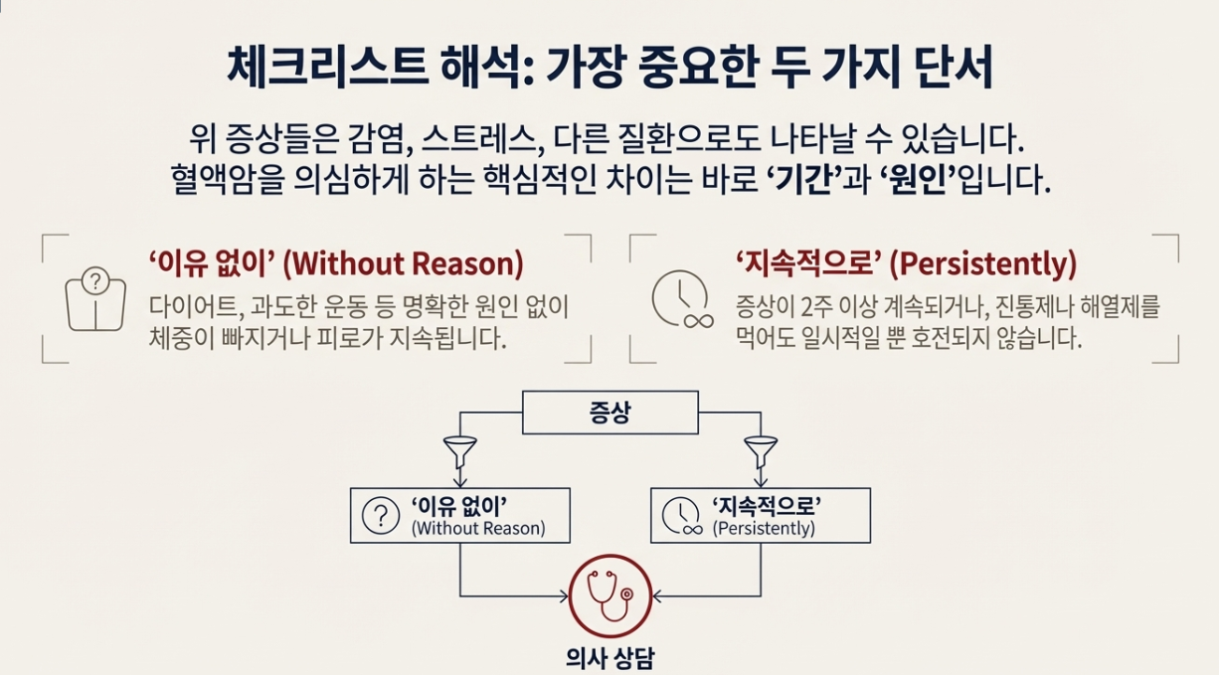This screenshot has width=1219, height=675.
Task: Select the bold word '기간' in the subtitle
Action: click(x=804, y=182)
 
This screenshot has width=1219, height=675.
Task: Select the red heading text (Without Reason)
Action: click(x=403, y=264)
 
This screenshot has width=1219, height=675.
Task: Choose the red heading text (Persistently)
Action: click(x=982, y=264)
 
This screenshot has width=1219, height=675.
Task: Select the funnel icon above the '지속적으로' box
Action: click(x=761, y=452)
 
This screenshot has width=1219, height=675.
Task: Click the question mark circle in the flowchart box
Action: click(x=380, y=515)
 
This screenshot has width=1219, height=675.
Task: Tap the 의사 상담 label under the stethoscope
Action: click(x=609, y=658)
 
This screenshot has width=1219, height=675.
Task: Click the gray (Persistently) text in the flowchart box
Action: click(x=763, y=529)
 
